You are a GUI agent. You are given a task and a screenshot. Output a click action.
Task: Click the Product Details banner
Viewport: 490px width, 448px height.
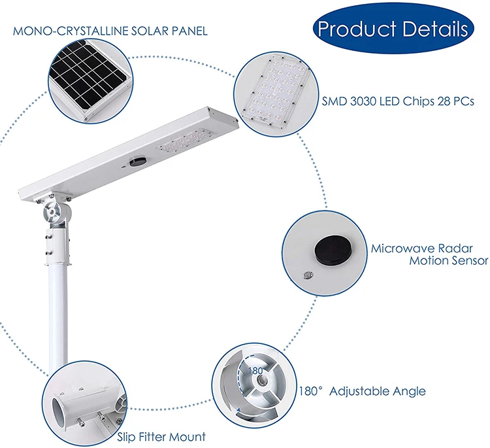392,29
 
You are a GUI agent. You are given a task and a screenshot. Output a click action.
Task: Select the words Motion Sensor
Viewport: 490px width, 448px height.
449,261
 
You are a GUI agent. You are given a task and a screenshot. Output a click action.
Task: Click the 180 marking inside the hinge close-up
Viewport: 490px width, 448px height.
254,370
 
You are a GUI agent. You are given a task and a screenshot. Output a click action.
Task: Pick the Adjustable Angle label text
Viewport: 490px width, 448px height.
377,391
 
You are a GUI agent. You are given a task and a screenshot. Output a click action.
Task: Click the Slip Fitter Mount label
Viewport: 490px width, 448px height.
161,436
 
